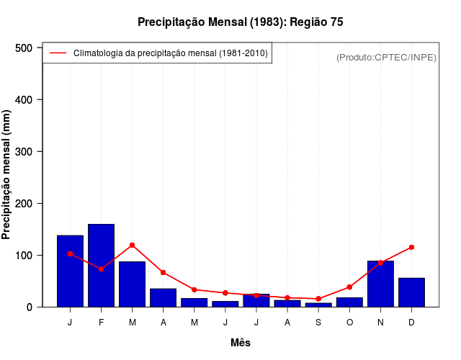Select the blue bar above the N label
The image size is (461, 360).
point(380,284)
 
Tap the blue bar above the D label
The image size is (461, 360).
point(411,292)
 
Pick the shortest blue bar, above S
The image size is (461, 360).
point(318,305)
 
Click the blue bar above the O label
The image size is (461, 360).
point(349,302)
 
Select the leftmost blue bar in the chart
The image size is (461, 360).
point(70,271)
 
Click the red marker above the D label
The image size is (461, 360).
point(411,247)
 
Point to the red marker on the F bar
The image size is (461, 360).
point(101,269)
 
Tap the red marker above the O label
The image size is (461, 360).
point(349,287)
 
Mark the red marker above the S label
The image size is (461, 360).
point(318,299)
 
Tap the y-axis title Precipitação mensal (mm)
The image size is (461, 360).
point(7,175)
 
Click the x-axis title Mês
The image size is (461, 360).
point(241,343)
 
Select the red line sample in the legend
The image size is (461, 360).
point(58,53)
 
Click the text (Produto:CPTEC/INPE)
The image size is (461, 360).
point(386,57)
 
